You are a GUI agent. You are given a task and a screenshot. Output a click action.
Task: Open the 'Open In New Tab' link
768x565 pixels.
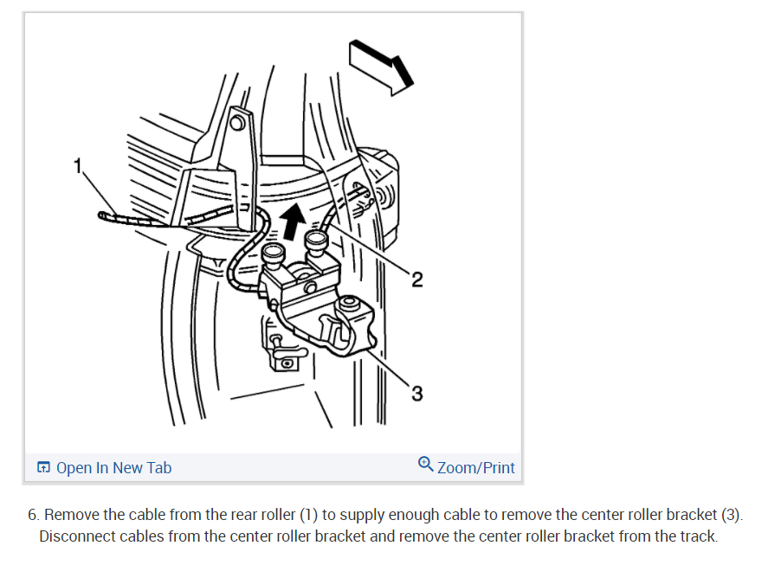[113, 468]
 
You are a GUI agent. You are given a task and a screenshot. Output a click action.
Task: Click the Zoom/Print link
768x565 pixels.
[475, 468]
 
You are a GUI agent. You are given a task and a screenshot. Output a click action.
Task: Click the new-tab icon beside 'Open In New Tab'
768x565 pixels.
[43, 468]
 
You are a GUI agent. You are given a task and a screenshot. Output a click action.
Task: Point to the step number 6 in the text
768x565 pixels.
[32, 515]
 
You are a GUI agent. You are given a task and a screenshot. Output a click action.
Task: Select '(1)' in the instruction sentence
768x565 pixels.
[309, 515]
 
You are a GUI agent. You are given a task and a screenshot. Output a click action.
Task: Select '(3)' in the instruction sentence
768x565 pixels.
[732, 515]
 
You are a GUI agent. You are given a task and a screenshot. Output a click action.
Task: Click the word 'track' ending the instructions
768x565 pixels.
[697, 536]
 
